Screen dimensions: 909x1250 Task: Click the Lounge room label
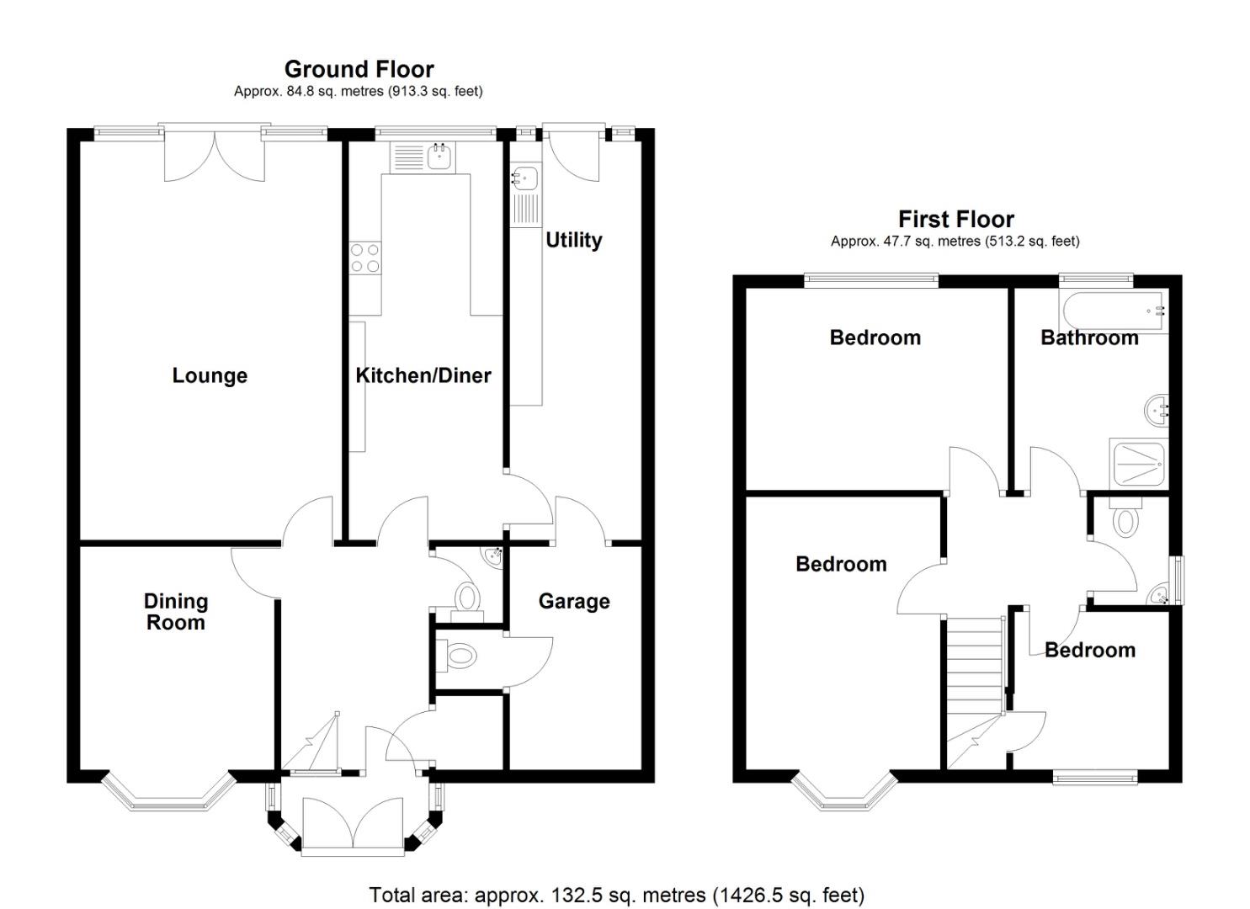210,375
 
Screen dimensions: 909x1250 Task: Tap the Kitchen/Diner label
423,375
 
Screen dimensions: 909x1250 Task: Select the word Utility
573,240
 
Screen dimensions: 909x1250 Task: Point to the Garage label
574,601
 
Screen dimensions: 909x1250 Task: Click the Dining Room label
175,612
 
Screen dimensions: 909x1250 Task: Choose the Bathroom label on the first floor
1089,338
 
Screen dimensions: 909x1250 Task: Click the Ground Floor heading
359,69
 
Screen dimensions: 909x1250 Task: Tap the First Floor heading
955,220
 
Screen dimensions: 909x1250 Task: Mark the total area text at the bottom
616,895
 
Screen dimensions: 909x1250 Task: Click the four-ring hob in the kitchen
365,258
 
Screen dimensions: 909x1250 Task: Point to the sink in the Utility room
525,179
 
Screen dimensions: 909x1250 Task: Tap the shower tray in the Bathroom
1139,464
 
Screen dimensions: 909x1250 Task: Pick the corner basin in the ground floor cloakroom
492,555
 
